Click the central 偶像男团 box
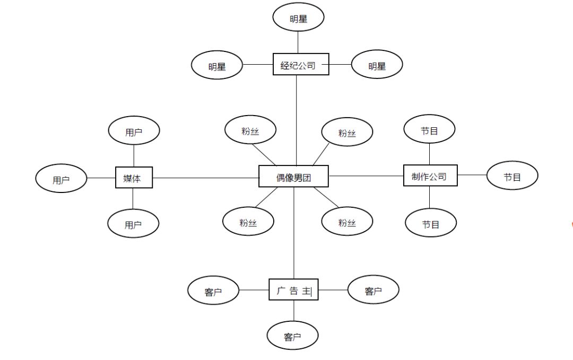coord(293,177)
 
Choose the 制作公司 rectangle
coord(430,175)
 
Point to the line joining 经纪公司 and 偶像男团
coord(297,120)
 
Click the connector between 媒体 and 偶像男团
coord(206,178)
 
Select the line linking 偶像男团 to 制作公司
coord(366,175)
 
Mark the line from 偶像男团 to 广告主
coord(294,233)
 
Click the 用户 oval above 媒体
coord(134,130)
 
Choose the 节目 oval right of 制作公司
coord(513,175)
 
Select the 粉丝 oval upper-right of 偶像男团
coord(347,131)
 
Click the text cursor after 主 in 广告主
coord(311,291)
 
